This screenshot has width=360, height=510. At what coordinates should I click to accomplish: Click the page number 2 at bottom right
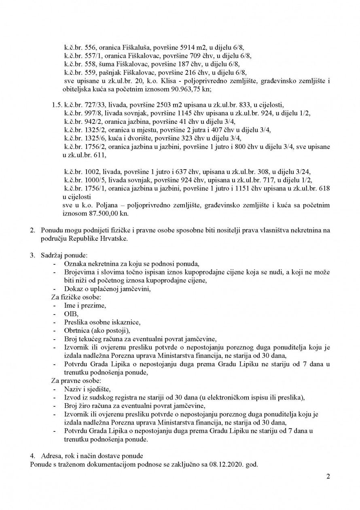[328, 476]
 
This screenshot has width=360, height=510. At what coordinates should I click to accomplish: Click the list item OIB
[70, 314]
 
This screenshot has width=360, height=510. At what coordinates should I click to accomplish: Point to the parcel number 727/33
[89, 116]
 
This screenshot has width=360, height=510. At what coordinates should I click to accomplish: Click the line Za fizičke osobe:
[72, 297]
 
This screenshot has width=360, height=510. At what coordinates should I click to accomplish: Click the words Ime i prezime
[85, 306]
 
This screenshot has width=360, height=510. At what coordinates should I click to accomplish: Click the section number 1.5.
[56, 116]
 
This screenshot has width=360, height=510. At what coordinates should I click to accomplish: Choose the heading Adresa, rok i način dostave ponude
[89, 456]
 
